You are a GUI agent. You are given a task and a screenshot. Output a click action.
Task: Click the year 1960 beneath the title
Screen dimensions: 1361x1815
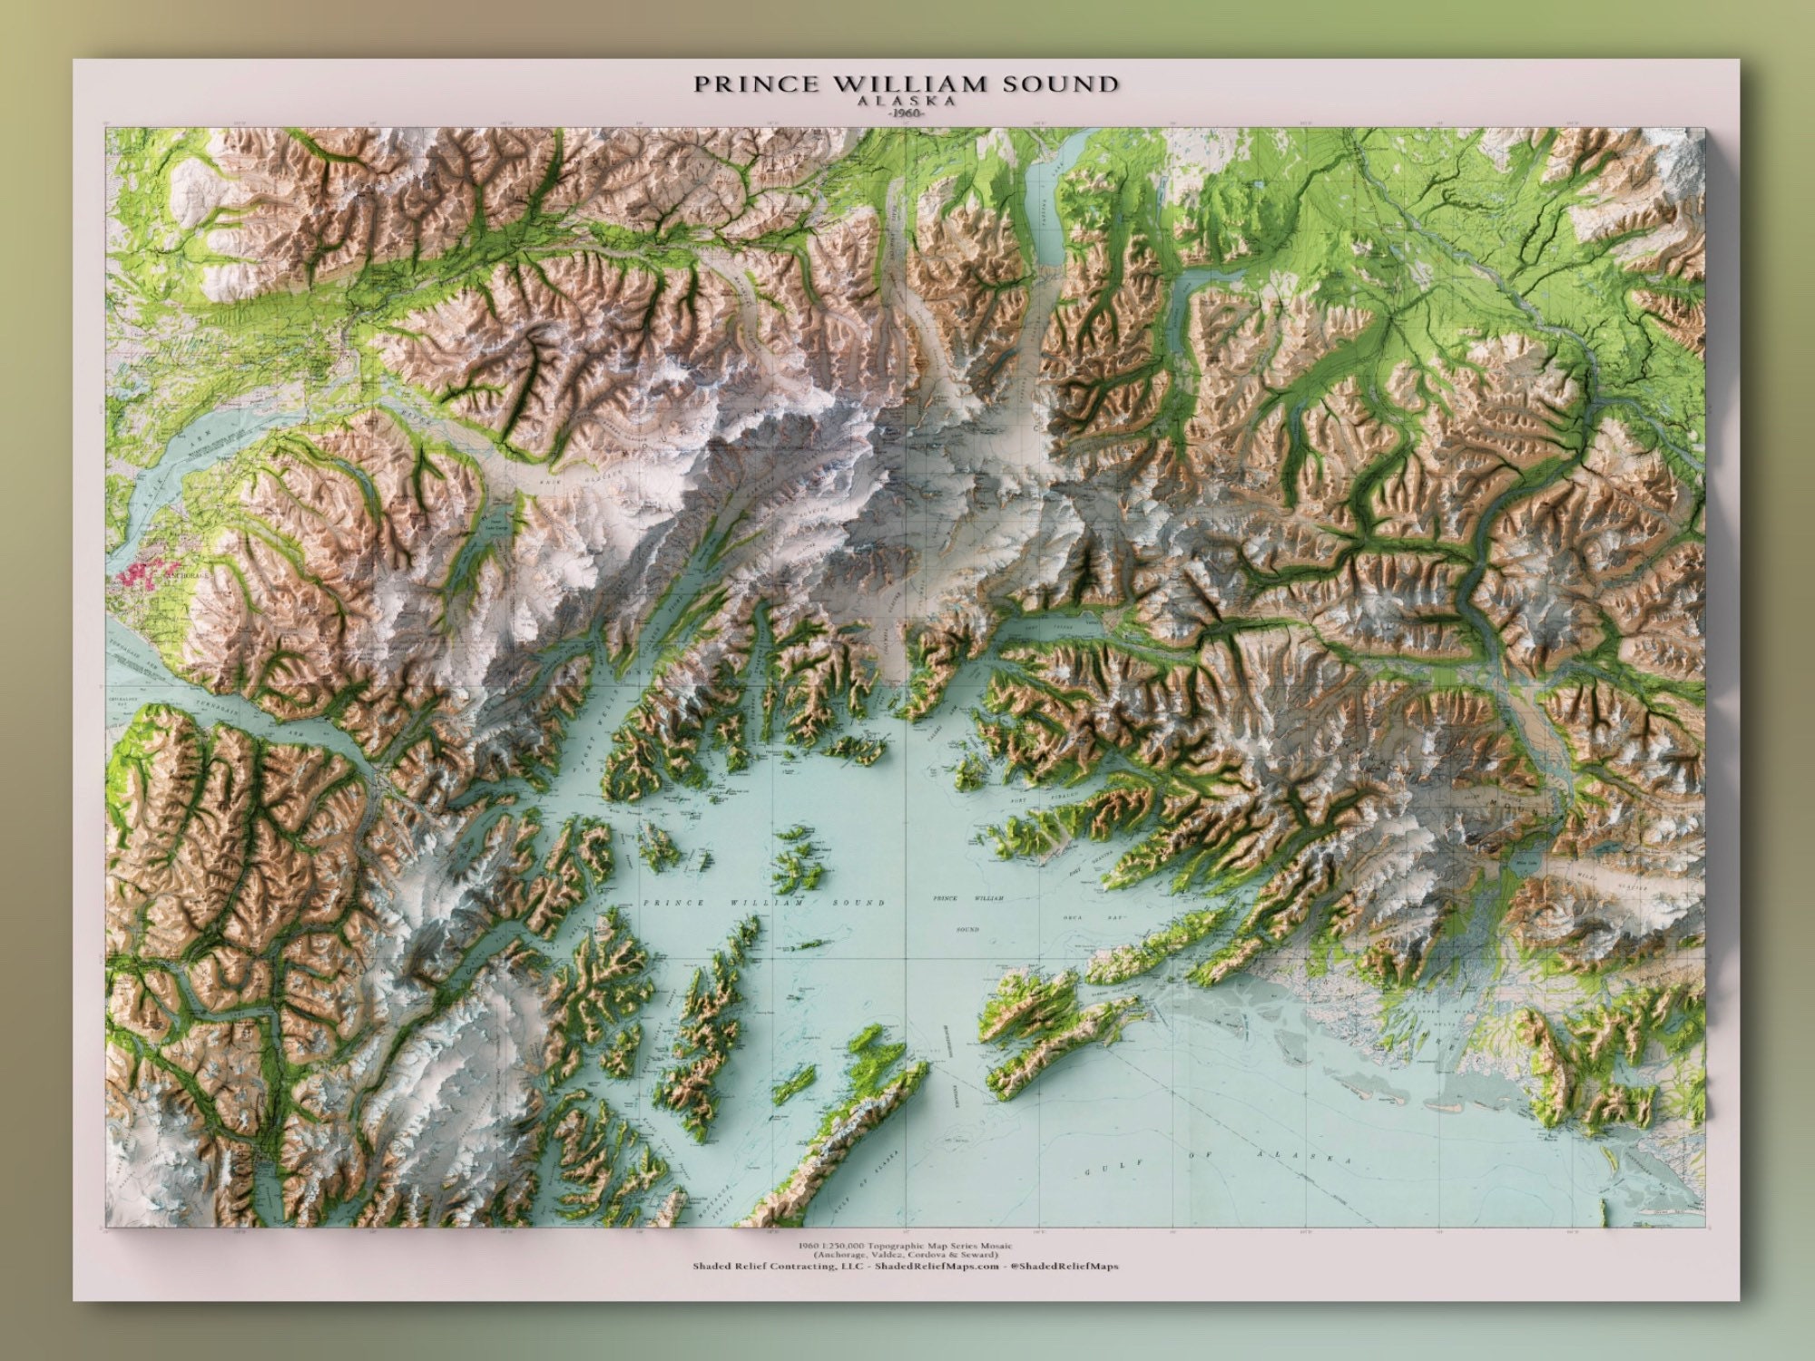tap(906, 115)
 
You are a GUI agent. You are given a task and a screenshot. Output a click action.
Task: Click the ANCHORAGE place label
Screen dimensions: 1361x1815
tap(186, 575)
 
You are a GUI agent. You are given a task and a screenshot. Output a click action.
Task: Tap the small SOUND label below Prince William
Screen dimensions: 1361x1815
tap(968, 929)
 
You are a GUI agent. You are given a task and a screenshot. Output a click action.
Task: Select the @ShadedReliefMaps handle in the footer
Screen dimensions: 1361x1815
tap(1064, 1267)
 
